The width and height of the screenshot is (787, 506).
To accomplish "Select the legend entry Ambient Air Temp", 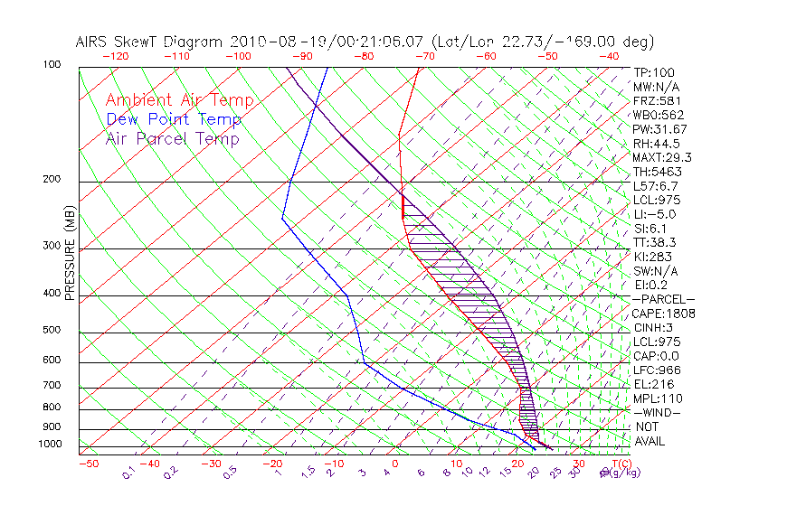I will point(179,100).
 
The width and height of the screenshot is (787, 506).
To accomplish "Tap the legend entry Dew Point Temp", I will point(174,119).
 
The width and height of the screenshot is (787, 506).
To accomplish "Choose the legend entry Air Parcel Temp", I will point(172,138).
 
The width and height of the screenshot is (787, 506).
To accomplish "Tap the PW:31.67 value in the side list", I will point(659,129).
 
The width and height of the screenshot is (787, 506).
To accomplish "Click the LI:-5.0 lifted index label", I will point(654,214).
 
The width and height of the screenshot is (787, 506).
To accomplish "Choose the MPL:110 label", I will point(657,398).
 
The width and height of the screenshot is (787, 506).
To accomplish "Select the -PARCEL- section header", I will point(663,299).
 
